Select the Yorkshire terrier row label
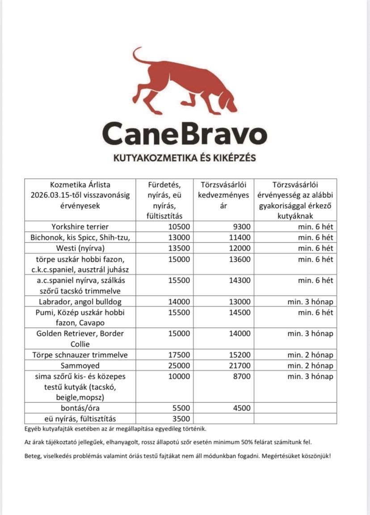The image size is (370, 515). (x=80, y=227)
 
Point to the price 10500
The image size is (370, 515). (x=179, y=227)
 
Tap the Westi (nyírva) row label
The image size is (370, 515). (x=80, y=248)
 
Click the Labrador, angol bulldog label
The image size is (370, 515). (x=80, y=302)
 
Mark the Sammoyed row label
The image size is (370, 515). (x=80, y=366)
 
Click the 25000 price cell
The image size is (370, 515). (x=179, y=366)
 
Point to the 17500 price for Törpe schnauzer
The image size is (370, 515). (x=179, y=355)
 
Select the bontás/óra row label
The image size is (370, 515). (x=80, y=408)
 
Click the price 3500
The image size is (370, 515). (x=181, y=419)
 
